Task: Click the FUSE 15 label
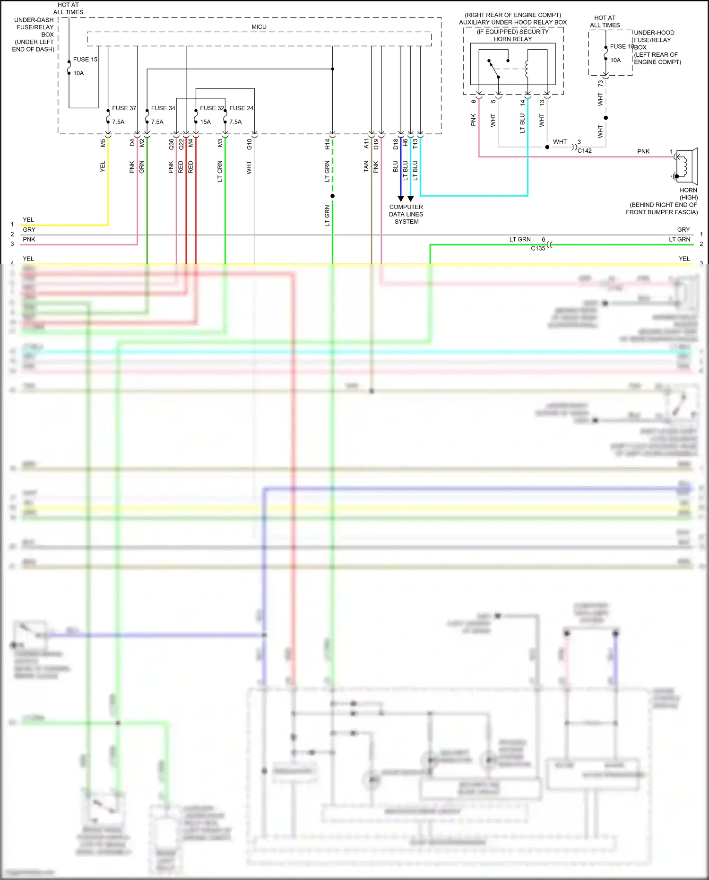tap(85, 60)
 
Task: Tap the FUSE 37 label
tap(124, 108)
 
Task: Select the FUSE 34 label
tap(163, 108)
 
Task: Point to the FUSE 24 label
tap(242, 108)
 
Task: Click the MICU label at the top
tap(259, 27)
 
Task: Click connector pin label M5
tap(103, 142)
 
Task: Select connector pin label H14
tap(327, 144)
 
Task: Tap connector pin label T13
tap(415, 143)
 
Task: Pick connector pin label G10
tap(249, 144)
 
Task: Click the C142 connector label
tap(585, 151)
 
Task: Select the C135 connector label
tap(538, 248)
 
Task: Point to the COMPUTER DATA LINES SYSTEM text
tap(406, 214)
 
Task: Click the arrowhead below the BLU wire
tap(401, 199)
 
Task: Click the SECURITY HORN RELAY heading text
tap(513, 35)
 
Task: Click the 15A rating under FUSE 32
tap(205, 122)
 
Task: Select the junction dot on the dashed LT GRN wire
tap(333, 196)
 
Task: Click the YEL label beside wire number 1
tap(28, 220)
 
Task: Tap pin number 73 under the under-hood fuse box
tap(600, 83)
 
